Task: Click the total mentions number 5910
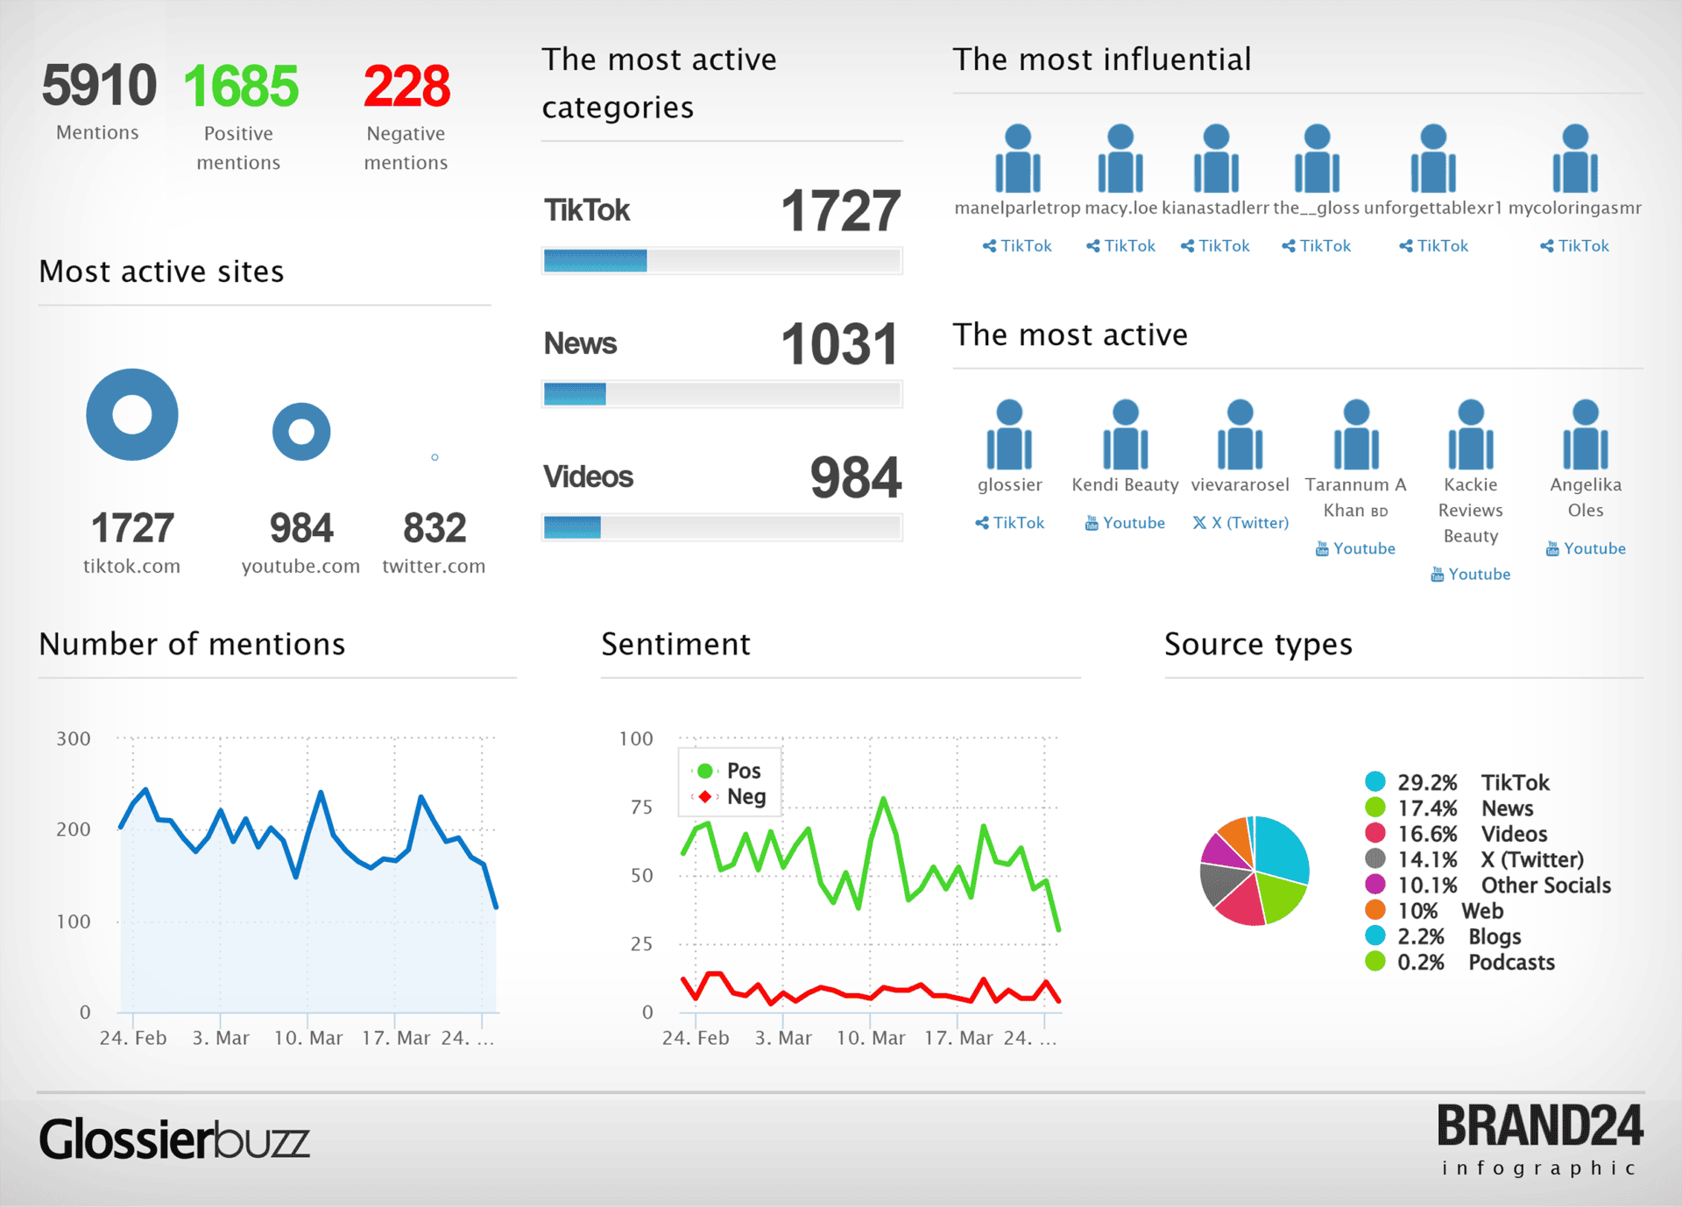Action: [99, 86]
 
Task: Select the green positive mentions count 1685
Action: [241, 86]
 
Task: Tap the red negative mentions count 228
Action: [406, 86]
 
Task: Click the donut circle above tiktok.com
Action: [132, 414]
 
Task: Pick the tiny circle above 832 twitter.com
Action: [435, 457]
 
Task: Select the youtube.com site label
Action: [300, 566]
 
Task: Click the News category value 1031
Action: [839, 343]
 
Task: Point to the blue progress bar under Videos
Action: [572, 526]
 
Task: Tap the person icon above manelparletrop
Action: [1017, 159]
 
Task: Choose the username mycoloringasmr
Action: [1574, 208]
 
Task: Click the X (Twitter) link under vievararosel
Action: [1240, 523]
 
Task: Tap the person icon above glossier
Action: [1009, 434]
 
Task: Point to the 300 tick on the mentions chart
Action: [74, 738]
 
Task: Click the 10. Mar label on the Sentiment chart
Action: [870, 1038]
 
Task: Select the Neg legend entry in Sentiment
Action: [745, 796]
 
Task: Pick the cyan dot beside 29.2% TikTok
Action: [1375, 781]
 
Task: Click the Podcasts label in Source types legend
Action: [1511, 962]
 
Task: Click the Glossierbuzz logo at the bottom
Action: [174, 1140]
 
